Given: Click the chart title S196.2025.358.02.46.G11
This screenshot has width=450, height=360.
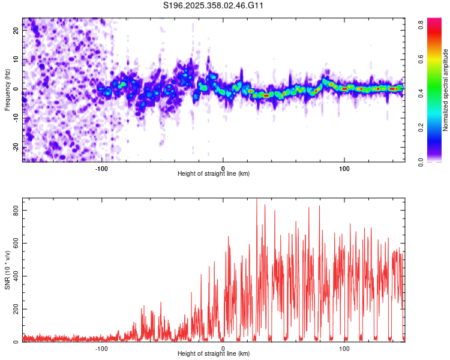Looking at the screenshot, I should [214, 6].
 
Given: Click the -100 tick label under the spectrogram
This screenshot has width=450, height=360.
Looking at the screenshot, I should [101, 167].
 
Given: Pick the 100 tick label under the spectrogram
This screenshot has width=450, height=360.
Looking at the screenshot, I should [344, 167].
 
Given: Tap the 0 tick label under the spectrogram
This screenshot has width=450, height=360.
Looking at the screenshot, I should [223, 167].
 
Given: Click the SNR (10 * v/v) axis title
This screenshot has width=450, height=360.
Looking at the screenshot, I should [7, 270].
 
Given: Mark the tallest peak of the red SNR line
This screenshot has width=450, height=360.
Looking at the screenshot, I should [257, 200].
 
